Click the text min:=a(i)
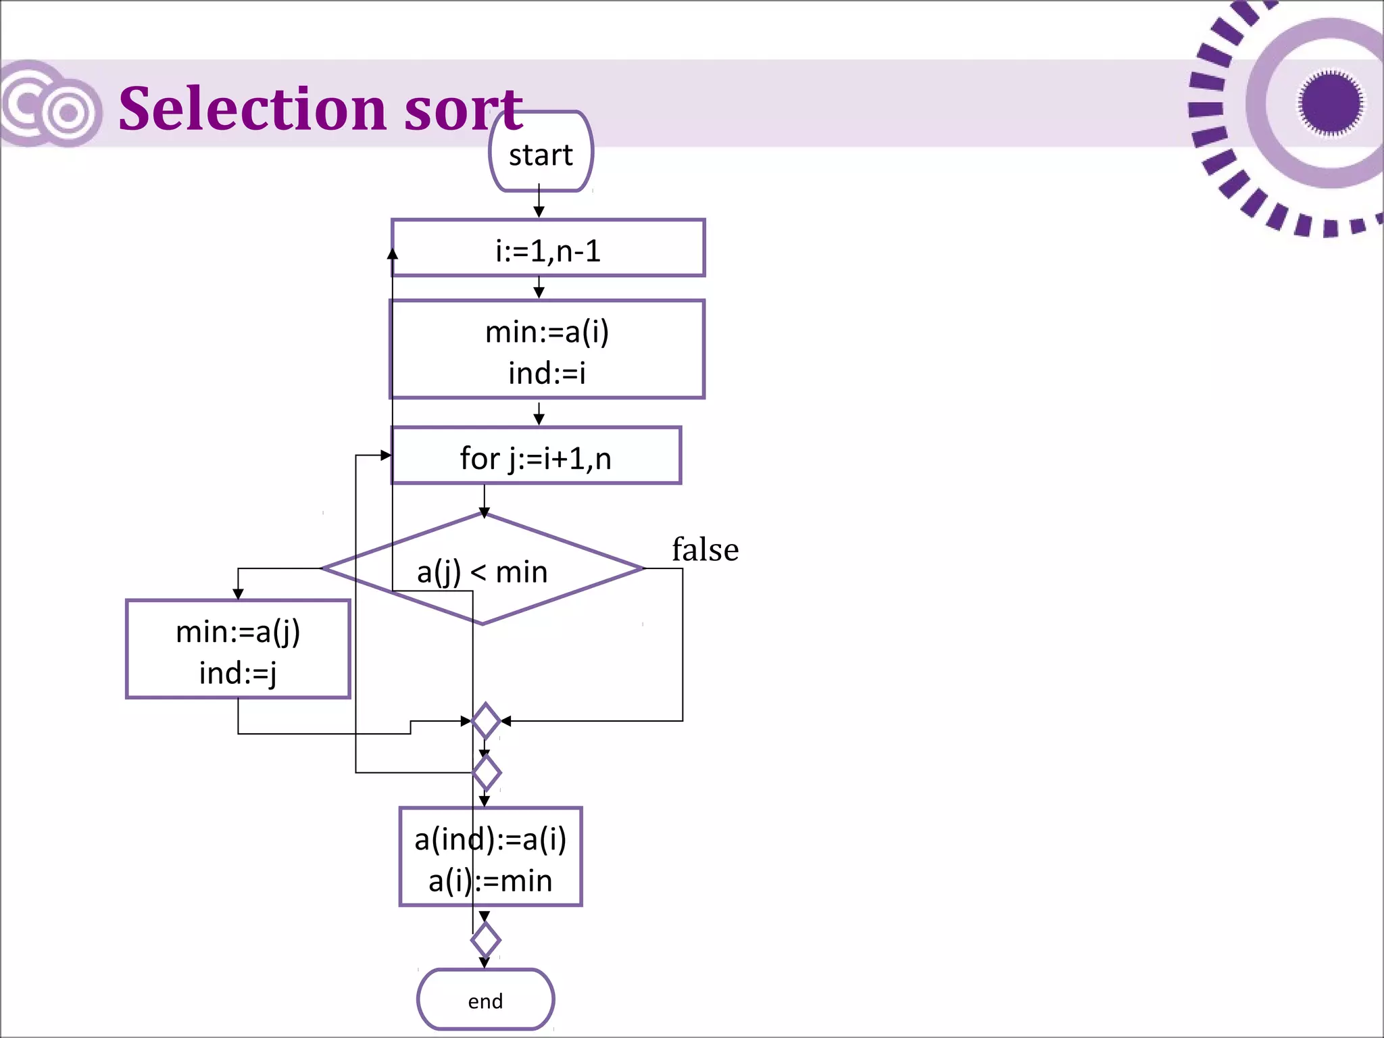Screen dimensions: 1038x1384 pyautogui.click(x=547, y=332)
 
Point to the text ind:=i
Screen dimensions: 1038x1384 pyautogui.click(x=547, y=373)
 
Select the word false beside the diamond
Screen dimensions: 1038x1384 pyautogui.click(x=705, y=549)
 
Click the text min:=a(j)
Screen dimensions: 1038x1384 pyautogui.click(x=238, y=632)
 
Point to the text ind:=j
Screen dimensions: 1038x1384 pyautogui.click(x=238, y=673)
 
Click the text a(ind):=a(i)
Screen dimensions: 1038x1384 pyautogui.click(x=491, y=839)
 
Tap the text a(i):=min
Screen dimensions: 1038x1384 pyautogui.click(x=491, y=881)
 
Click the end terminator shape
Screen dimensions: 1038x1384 pyautogui.click(x=485, y=1000)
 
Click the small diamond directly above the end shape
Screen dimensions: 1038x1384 pyautogui.click(x=485, y=940)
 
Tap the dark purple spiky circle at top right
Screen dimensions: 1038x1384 pyautogui.click(x=1330, y=103)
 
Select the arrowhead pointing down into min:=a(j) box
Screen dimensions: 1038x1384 pyautogui.click(x=238, y=594)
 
